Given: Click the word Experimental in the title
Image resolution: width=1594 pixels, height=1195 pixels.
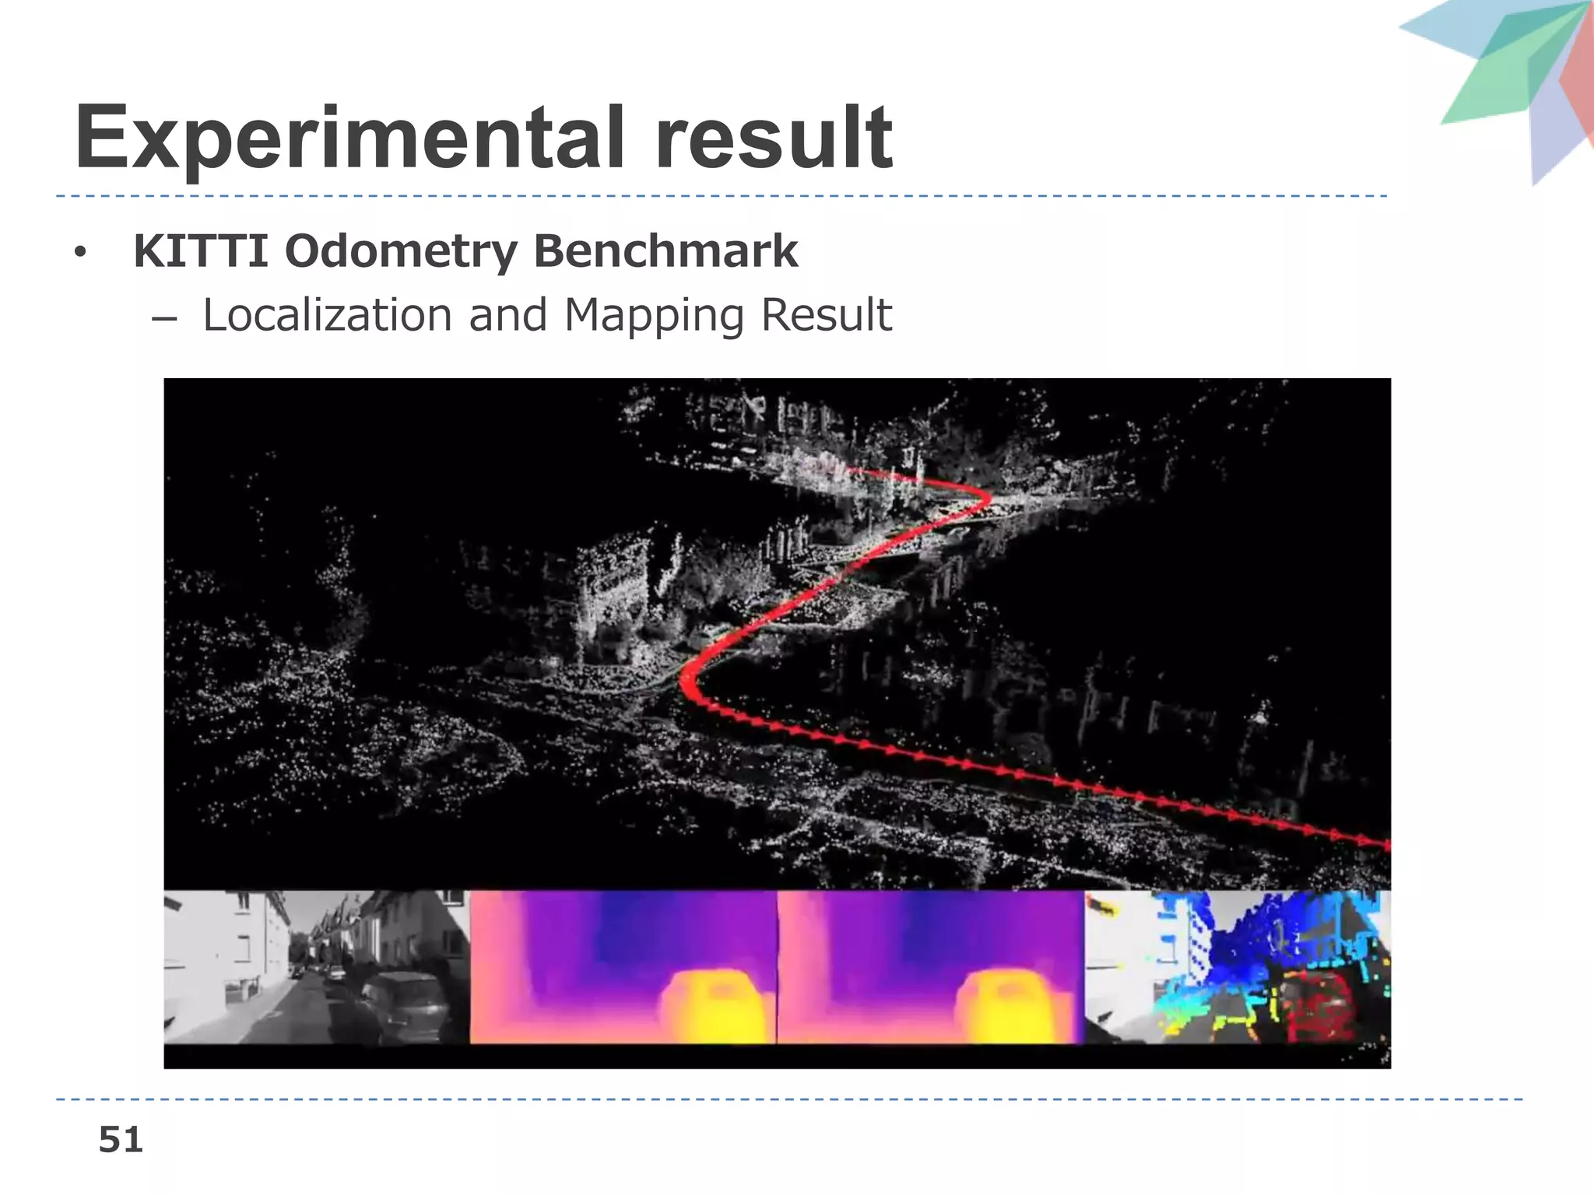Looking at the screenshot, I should coord(350,140).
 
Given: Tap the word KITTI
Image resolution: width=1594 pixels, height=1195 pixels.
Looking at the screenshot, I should coord(202,251).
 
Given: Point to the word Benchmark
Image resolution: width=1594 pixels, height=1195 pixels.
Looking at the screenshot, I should coord(666,251).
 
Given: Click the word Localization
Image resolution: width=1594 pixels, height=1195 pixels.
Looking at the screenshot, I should coord(328,315).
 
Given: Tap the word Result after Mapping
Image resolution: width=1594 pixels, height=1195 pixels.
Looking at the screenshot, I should coord(827,315).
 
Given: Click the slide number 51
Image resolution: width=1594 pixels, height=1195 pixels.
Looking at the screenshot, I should coord(121,1140).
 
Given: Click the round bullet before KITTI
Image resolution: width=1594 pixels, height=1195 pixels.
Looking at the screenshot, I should coord(79,253).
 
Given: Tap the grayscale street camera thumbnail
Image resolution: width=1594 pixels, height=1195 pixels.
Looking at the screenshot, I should coord(317,966).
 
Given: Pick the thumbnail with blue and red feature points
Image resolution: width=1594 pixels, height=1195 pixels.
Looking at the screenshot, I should coord(1238,966).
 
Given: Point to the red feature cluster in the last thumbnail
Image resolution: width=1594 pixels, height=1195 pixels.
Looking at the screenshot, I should coord(1315,1008).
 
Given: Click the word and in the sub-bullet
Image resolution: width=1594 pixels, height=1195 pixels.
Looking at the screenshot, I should coord(507,315).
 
